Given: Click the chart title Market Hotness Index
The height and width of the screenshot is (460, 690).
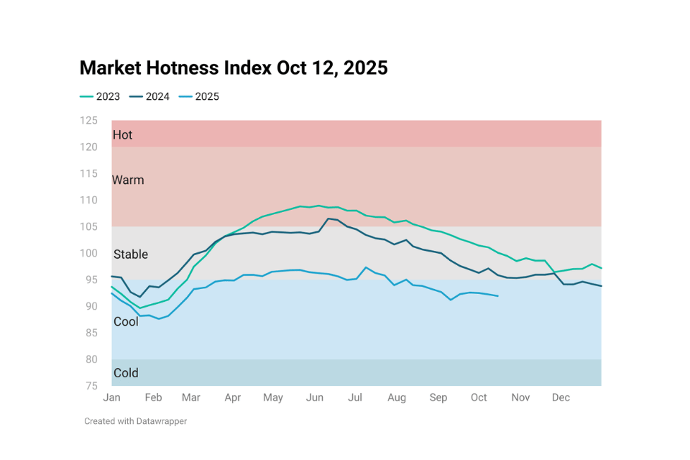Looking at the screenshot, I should coord(234,68).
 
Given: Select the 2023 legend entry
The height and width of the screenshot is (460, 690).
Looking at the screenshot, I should coord(100,96).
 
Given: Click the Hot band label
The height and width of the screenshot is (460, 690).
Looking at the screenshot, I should coord(122,135).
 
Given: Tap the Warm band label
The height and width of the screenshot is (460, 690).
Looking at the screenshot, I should coord(128,180).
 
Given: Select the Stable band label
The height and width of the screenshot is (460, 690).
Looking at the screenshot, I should coord(131,254).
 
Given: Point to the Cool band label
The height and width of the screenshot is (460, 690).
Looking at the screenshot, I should coord(126,322).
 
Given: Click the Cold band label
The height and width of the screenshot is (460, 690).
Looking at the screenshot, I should coord(126,373).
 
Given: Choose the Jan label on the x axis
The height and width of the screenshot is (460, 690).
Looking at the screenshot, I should coord(112,397).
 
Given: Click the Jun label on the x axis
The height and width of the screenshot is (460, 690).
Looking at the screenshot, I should coord(314,397).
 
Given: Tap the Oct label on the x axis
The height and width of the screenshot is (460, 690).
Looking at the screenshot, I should coord(479,397).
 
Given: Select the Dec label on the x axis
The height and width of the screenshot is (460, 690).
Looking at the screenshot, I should coord(561,397).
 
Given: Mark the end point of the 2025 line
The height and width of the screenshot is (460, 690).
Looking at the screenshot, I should coord(498,296).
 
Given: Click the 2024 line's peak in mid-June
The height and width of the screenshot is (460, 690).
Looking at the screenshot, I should coord(328,218).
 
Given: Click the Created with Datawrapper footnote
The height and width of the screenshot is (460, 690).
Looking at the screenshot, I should coord(135,421).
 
